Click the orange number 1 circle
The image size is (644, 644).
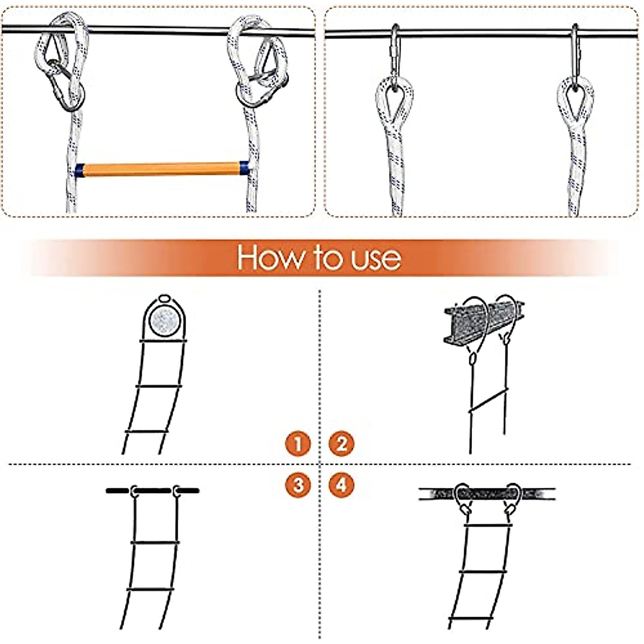pos(298,444)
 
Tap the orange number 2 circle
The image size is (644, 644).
pos(341,444)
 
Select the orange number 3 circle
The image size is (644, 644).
pos(298,485)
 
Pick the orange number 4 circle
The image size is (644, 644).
pos(341,485)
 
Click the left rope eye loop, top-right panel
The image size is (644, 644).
pos(394,99)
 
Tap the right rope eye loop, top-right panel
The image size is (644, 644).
pos(575,99)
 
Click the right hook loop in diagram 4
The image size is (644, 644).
pos(513,496)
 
